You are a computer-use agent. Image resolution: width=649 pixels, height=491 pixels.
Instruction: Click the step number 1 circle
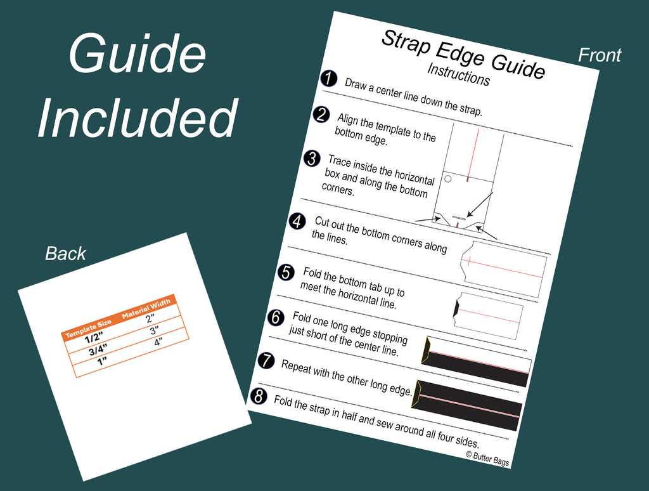[328, 79]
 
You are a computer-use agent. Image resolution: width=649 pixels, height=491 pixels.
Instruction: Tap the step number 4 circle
[297, 221]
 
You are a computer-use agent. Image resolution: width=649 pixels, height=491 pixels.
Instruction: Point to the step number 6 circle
[276, 317]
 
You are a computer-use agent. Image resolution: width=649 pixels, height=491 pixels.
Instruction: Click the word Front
[599, 56]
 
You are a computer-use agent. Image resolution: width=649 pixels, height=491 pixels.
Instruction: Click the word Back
[66, 254]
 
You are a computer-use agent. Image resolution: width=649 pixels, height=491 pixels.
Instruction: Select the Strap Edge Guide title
[463, 54]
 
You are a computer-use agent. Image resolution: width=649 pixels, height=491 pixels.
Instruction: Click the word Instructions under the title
[458, 74]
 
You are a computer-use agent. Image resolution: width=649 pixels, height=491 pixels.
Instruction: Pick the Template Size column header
[89, 328]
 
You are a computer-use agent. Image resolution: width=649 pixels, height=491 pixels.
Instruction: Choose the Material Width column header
[146, 308]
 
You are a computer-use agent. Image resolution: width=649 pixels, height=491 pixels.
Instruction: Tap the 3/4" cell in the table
[98, 351]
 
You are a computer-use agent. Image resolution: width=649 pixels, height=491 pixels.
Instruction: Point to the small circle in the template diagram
[447, 180]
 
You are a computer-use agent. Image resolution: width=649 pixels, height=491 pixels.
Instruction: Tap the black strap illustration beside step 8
[467, 404]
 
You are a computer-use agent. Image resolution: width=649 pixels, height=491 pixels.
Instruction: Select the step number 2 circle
[321, 115]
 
